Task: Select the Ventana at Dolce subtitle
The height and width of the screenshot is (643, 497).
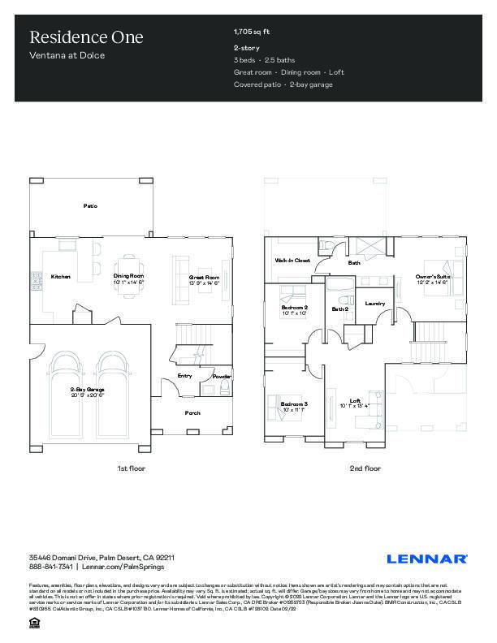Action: pos(67,56)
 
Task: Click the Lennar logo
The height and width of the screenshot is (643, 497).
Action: pos(426,559)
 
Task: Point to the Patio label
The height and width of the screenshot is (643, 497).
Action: pos(91,206)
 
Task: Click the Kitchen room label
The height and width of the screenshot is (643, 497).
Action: pos(61,277)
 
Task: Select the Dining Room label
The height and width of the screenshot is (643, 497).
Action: pos(128,277)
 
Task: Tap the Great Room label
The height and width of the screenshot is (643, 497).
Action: pos(205,278)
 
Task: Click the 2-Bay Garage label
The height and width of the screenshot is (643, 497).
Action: pos(88,391)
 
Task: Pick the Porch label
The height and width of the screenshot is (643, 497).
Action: pos(192,413)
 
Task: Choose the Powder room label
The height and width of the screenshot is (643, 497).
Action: pos(222,377)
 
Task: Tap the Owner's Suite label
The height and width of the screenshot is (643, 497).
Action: pos(432,278)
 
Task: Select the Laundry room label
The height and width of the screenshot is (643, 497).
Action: pos(374,304)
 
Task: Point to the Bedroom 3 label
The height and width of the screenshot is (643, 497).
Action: pos(294,404)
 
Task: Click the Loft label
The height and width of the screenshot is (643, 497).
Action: pos(355,400)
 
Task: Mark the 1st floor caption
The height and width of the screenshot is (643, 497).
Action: pos(131,468)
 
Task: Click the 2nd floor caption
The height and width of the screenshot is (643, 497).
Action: pos(365,468)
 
